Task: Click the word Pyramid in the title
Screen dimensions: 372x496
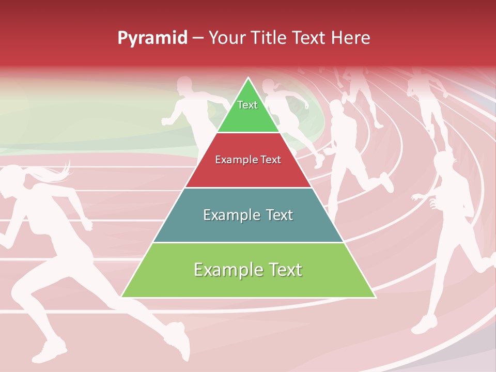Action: [x=152, y=38]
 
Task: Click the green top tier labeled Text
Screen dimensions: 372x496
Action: [x=248, y=111]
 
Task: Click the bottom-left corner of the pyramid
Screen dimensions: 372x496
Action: [x=122, y=297]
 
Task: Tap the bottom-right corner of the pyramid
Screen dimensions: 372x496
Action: [x=375, y=297]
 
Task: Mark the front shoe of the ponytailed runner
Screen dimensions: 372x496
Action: [x=49, y=351]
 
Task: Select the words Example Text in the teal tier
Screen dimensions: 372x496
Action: [x=248, y=215]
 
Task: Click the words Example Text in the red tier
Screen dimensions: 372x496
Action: [x=248, y=160]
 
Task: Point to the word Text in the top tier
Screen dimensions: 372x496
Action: [x=247, y=105]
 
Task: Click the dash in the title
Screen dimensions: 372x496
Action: [x=198, y=38]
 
